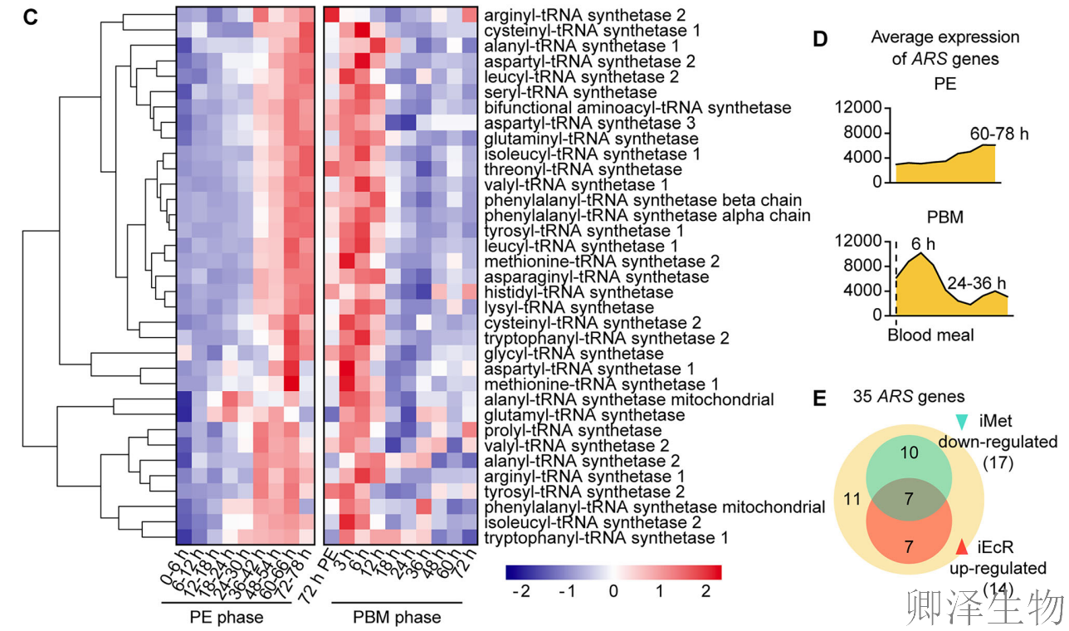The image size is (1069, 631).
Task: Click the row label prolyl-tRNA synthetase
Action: click(x=572, y=431)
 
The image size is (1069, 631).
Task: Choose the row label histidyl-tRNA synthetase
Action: click(x=578, y=292)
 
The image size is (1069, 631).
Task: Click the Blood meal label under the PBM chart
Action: click(x=930, y=336)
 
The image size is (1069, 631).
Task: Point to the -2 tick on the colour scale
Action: click(x=520, y=592)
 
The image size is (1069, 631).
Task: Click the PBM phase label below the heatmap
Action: click(x=397, y=617)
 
